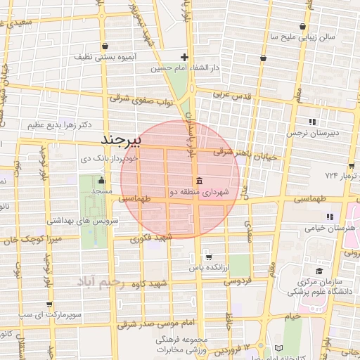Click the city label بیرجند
click(x=122, y=139)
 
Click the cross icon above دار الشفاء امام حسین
click(x=184, y=57)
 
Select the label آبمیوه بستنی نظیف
click(x=106, y=56)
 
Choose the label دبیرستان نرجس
click(x=316, y=131)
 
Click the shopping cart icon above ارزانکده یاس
click(x=208, y=257)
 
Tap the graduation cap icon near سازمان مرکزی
click(x=319, y=271)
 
